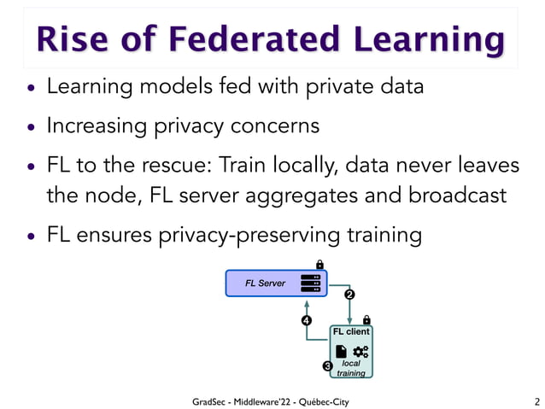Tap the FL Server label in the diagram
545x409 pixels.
click(x=265, y=283)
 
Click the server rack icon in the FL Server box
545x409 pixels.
click(x=310, y=283)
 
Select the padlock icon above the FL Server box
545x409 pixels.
click(x=319, y=263)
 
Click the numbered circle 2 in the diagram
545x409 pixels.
click(x=349, y=295)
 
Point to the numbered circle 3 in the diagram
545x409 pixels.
click(x=326, y=366)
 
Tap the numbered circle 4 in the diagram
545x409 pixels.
click(x=306, y=321)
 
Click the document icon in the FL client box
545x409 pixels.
click(x=341, y=351)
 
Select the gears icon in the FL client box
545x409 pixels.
click(x=360, y=351)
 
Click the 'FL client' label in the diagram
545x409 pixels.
click(x=351, y=332)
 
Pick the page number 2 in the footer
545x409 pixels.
click(x=536, y=401)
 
